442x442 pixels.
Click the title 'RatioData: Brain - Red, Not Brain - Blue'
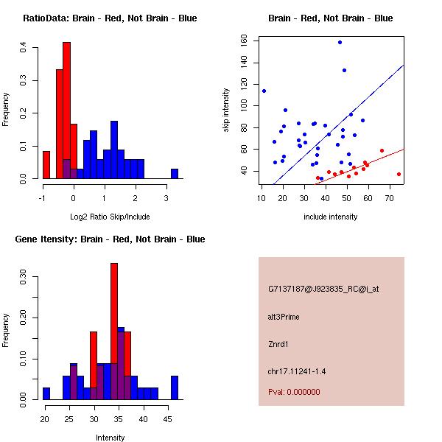pyautogui.click(x=110, y=18)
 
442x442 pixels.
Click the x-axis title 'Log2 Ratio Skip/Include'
pyautogui.click(x=109, y=217)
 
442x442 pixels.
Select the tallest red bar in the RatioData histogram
pyautogui.click(x=67, y=110)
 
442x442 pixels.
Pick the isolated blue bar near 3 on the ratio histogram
pyautogui.click(x=175, y=174)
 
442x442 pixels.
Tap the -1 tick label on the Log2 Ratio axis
pyautogui.click(x=43, y=197)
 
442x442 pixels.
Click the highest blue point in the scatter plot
pyautogui.click(x=340, y=42)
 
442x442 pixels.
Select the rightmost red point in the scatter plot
pyautogui.click(x=399, y=175)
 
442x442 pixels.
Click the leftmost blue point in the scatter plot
pyautogui.click(x=264, y=91)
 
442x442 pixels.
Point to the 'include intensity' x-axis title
pyautogui.click(x=330, y=217)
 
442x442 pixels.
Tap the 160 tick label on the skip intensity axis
pyautogui.click(x=244, y=42)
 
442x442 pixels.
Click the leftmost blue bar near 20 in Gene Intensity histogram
pyautogui.click(x=46, y=393)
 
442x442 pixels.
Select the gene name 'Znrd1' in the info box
pyautogui.click(x=278, y=343)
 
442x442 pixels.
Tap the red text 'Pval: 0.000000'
pyautogui.click(x=294, y=392)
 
